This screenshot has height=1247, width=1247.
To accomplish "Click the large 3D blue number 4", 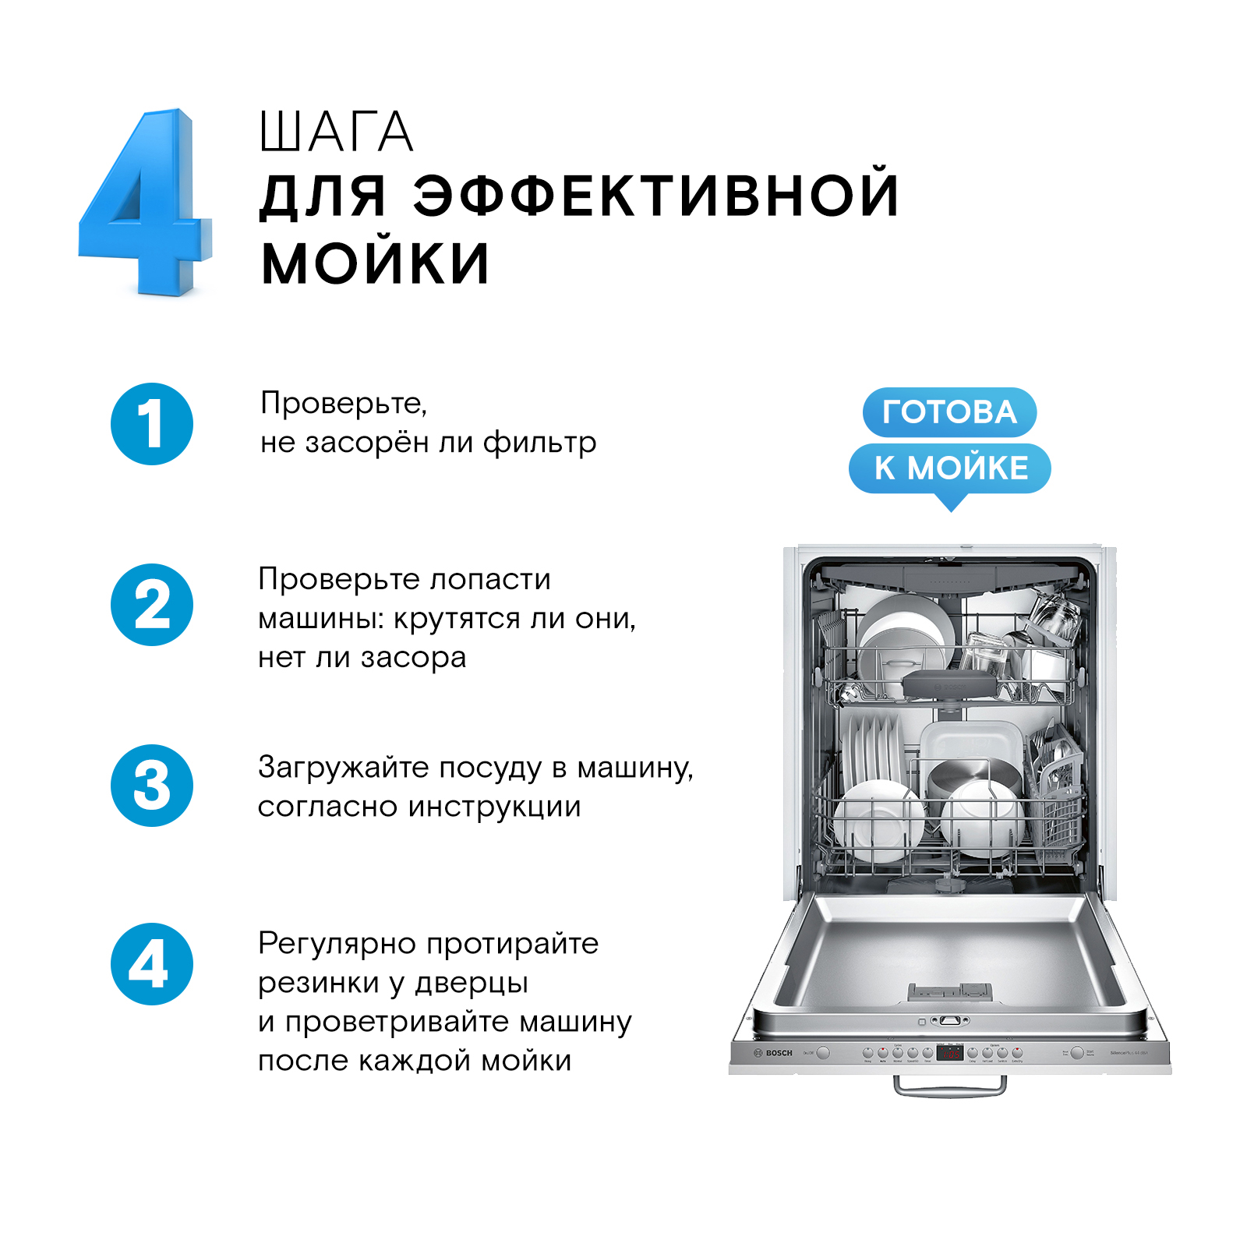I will pos(148,203).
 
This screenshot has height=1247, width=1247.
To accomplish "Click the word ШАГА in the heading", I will pos(336,132).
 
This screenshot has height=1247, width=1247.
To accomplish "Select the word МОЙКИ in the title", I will pos(375,263).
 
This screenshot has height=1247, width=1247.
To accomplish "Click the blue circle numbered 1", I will pos(152,424).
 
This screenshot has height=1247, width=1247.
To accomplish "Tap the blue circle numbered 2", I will pos(152,605).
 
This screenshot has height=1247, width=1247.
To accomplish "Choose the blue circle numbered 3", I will pos(152,786).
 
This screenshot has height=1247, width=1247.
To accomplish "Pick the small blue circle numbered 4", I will pos(152,964).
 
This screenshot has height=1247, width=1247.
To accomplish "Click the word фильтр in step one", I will pos(539,443).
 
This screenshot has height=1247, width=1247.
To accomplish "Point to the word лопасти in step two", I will pos(490,579).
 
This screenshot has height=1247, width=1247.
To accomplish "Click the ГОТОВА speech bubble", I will pos(949,412).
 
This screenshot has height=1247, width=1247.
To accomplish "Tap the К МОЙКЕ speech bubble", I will pos(950,468).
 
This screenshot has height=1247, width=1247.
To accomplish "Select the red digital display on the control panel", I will pos(949,1053).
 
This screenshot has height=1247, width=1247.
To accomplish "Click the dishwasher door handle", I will pos(949,1086).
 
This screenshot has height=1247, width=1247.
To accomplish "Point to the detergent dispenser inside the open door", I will pos(949,991).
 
